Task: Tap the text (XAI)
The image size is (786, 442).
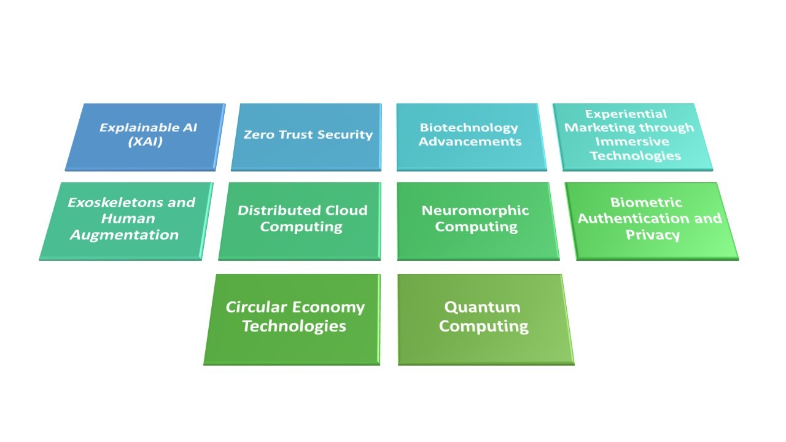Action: coord(146,141)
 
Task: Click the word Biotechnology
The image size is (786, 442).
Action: coord(469,128)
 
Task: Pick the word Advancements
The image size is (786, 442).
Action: coord(470,141)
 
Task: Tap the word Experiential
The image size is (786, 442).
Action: coord(626,114)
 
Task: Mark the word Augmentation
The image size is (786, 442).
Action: coord(125,235)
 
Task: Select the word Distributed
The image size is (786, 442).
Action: coord(279,211)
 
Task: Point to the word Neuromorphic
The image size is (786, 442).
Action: coord(475,211)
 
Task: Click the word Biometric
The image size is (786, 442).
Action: coord(646,203)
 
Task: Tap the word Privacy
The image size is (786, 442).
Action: coord(653,235)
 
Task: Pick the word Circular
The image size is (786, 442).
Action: coord(257,308)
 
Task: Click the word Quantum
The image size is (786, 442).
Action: coord(483,308)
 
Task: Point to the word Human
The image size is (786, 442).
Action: coord(128,219)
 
